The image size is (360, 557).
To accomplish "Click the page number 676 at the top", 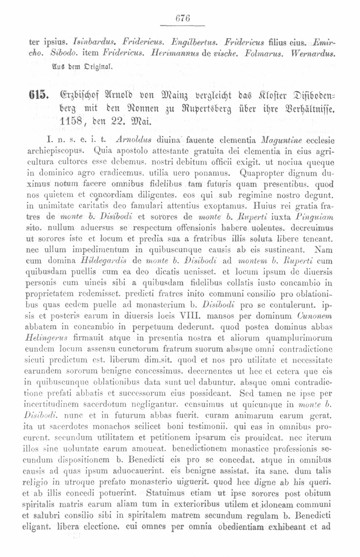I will (x=182, y=18).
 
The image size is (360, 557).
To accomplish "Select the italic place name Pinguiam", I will (x=315, y=217).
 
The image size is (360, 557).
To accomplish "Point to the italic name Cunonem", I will (x=315, y=316).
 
